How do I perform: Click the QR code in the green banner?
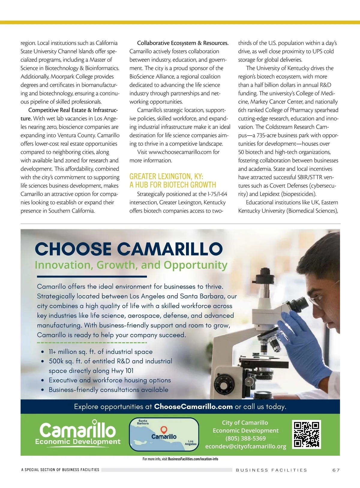click(x=306, y=434)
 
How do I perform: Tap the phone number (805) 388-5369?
click(x=245, y=438)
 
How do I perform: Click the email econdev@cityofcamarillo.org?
click(x=245, y=446)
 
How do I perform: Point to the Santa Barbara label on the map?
click(x=143, y=422)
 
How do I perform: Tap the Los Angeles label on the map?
click(x=190, y=443)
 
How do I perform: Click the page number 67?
click(x=336, y=470)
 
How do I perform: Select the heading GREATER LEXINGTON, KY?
click(x=166, y=176)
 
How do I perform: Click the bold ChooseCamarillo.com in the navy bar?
click(x=193, y=407)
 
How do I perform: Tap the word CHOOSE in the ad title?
click(x=73, y=249)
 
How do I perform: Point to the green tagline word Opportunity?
click(x=195, y=265)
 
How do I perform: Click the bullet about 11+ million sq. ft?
click(x=100, y=352)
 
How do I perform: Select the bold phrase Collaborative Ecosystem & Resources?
click(x=183, y=43)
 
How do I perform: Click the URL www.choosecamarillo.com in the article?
click(x=180, y=152)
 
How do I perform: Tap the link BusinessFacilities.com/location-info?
click(x=193, y=459)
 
